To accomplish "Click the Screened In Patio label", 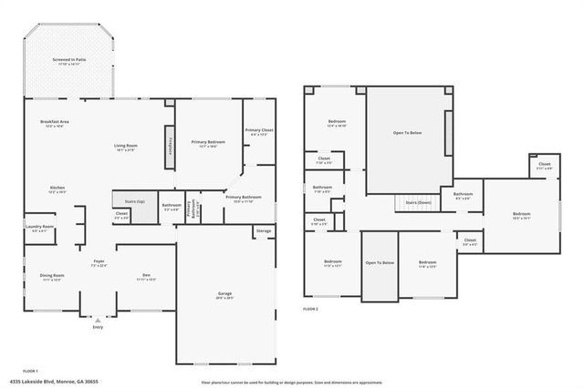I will (68, 59).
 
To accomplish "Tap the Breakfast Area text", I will (56, 122).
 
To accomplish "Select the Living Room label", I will (125, 145).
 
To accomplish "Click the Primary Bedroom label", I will (208, 142).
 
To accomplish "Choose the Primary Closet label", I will (259, 130).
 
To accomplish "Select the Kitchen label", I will (57, 189).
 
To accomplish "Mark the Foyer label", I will (99, 262).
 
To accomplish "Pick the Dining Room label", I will (51, 275).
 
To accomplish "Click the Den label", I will (147, 275).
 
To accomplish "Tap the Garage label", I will (224, 294).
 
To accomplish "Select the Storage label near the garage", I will (264, 231).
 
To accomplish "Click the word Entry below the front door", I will (98, 327).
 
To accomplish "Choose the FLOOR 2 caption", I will (310, 310).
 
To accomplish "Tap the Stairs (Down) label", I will (418, 202).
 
